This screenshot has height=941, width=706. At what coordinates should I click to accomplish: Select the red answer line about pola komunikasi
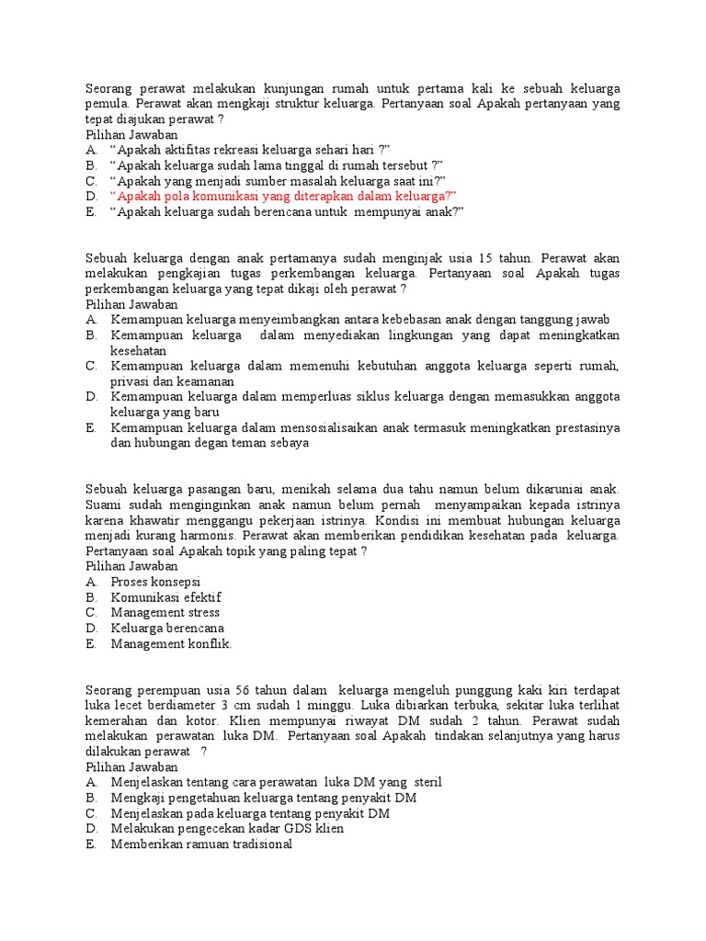(x=283, y=197)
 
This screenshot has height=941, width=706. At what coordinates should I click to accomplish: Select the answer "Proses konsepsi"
(x=155, y=583)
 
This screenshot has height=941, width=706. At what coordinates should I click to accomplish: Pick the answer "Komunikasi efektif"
(x=166, y=598)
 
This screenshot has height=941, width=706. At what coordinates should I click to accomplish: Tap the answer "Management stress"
(x=165, y=613)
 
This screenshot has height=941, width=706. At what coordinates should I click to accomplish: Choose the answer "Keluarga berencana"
(x=167, y=629)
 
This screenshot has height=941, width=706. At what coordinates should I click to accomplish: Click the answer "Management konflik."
(x=172, y=644)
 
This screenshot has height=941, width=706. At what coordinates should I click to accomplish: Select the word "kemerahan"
(x=116, y=721)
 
